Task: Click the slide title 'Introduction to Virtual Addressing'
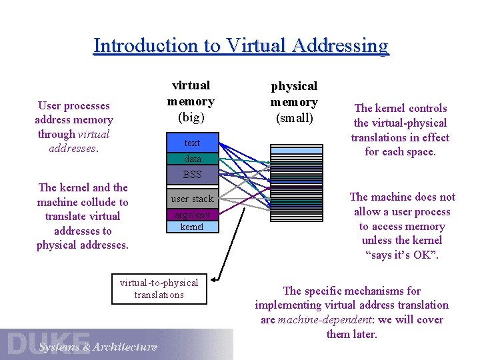pos(241,45)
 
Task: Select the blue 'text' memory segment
pos(192,143)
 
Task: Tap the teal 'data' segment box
pos(192,159)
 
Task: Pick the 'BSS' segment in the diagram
pos(192,175)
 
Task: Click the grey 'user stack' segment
pos(192,199)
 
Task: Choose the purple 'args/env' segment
pos(192,215)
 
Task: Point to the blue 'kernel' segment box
pos(192,227)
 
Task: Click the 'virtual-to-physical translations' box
pos(159,288)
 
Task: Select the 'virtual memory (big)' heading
pos(191,101)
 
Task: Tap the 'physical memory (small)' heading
pos(294,102)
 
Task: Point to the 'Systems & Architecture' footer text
pos(98,347)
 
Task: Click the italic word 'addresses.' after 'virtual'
pos(73,148)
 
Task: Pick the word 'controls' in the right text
pos(427,108)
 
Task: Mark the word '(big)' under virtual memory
pos(191,117)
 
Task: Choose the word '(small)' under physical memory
pos(294,118)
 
